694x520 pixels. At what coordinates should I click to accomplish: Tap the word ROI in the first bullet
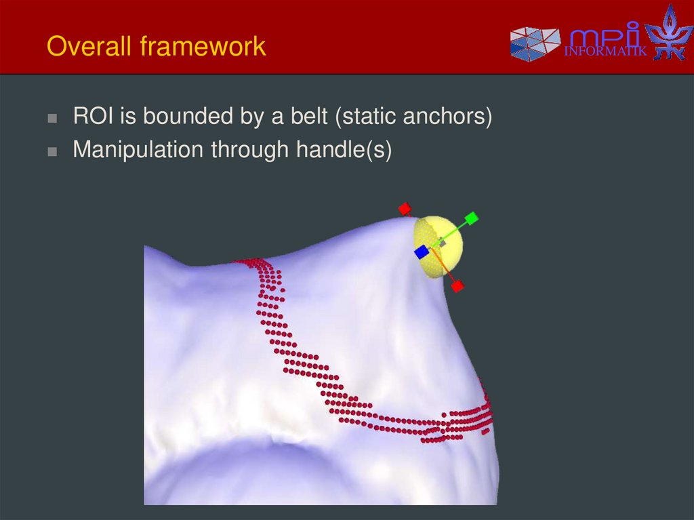coord(94,117)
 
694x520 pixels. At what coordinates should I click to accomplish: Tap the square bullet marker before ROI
coord(52,118)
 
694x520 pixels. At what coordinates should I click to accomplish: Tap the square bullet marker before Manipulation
coord(52,151)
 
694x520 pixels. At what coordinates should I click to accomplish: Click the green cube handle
coord(472,218)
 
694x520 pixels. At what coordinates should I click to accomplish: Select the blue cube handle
coord(422,252)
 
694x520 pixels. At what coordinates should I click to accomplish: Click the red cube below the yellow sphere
coord(457,286)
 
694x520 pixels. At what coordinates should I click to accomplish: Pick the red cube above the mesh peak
coord(405,208)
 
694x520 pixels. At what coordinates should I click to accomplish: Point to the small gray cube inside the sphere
coord(442,241)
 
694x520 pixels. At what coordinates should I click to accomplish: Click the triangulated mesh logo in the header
coord(535,44)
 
